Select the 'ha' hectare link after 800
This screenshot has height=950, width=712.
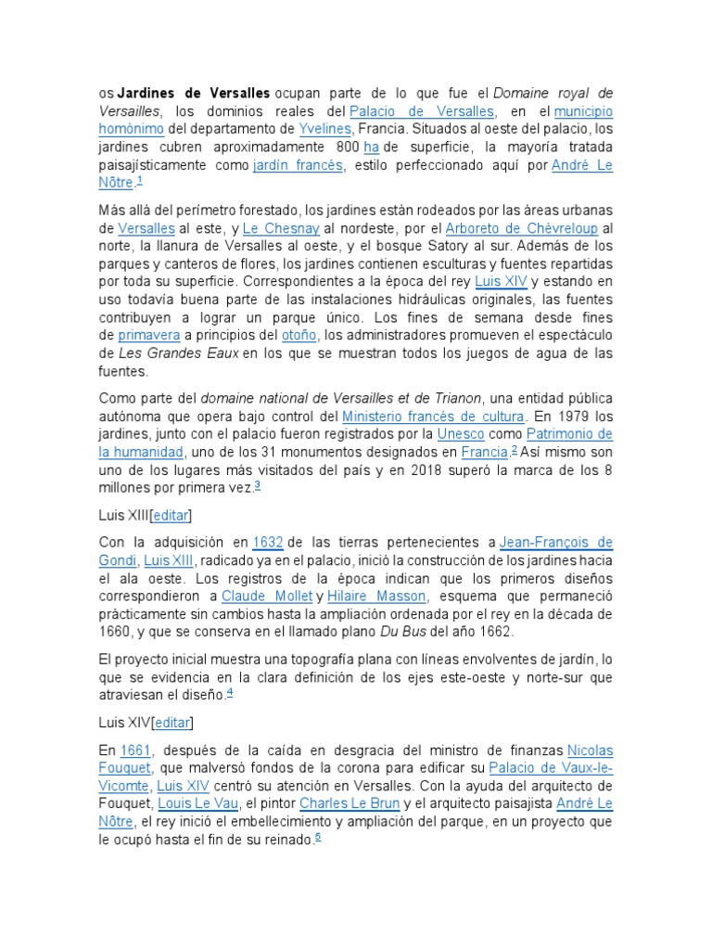pyautogui.click(x=372, y=148)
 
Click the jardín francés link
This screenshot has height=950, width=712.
pyautogui.click(x=298, y=165)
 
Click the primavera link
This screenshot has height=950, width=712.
pyautogui.click(x=147, y=335)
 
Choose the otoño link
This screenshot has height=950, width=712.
pyautogui.click(x=299, y=335)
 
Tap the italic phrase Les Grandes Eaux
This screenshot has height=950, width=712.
pyautogui.click(x=178, y=353)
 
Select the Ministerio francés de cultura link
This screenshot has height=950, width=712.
pyautogui.click(x=433, y=417)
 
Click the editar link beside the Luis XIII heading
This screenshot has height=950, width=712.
pyautogui.click(x=171, y=515)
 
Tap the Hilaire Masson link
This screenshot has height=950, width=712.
pyautogui.click(x=376, y=596)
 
